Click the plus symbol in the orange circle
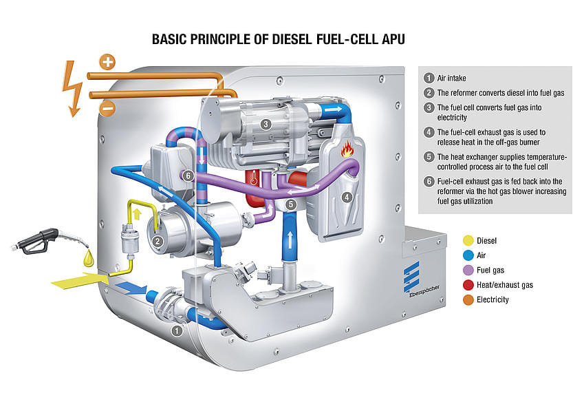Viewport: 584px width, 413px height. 107,62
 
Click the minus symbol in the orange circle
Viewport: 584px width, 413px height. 107,108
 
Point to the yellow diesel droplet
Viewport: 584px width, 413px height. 88,259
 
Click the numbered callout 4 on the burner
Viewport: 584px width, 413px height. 347,198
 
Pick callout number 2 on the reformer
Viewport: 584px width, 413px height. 158,242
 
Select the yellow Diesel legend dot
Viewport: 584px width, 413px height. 468,241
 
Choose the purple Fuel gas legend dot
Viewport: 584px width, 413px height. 468,270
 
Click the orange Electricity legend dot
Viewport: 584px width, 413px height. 468,299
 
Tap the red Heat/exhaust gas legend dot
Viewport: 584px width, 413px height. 468,285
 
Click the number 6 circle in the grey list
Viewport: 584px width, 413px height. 429,182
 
